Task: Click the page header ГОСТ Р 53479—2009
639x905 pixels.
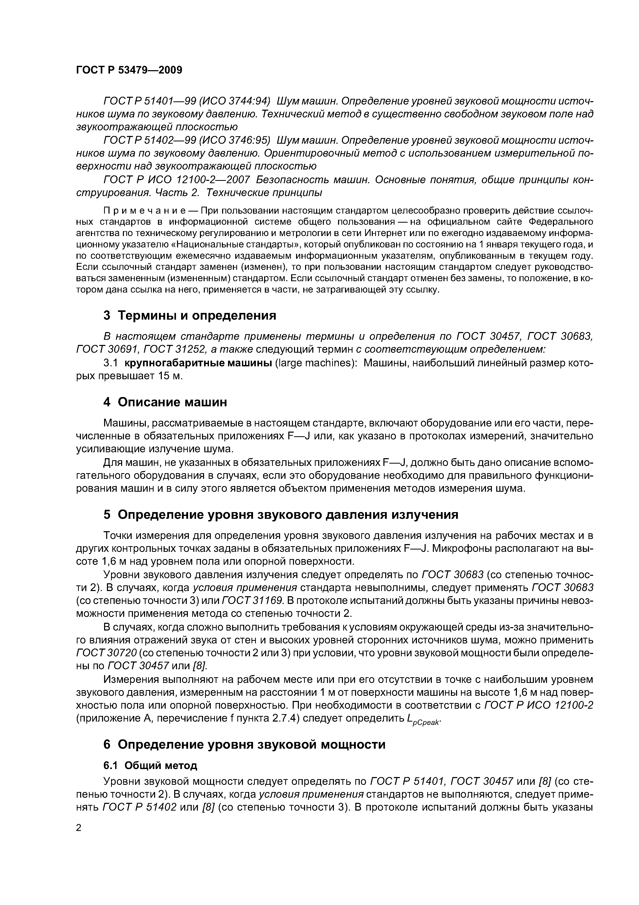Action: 129,70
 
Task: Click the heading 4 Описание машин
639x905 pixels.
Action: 165,402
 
